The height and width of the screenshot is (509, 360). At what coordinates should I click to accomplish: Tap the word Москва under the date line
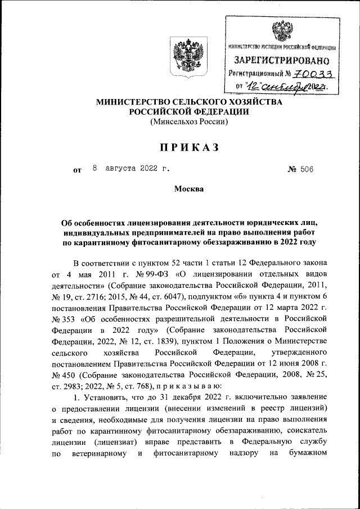[188, 190]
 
